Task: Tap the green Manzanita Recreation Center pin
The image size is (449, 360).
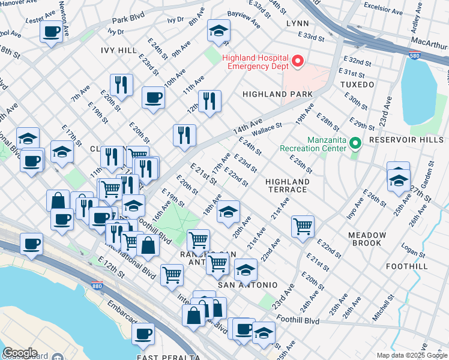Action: pos(355,143)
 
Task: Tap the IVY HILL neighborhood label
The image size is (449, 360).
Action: pos(119,50)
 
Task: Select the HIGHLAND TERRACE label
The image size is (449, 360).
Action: pos(288,185)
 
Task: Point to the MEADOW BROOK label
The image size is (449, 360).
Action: pos(366,239)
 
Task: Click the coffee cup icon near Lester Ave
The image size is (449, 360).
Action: pos(52,31)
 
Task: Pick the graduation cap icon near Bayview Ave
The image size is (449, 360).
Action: pos(218,30)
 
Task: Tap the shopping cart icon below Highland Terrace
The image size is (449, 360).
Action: pos(303,227)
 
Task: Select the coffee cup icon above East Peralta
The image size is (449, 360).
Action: pos(143,334)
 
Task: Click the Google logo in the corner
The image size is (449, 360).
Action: pos(20,353)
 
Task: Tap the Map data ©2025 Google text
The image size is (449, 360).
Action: pos(411,355)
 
